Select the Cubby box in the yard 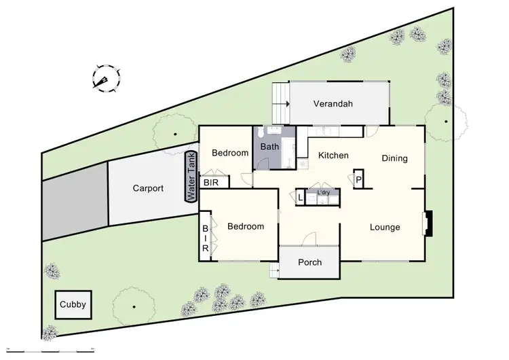(x=73, y=304)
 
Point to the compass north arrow (x=105, y=79)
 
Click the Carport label (x=148, y=189)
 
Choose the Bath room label (x=270, y=147)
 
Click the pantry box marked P (x=358, y=179)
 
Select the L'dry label (x=323, y=194)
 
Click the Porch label (x=309, y=263)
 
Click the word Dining (x=394, y=159)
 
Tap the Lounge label (x=385, y=228)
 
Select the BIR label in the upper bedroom (x=212, y=183)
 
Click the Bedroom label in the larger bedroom (x=246, y=227)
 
